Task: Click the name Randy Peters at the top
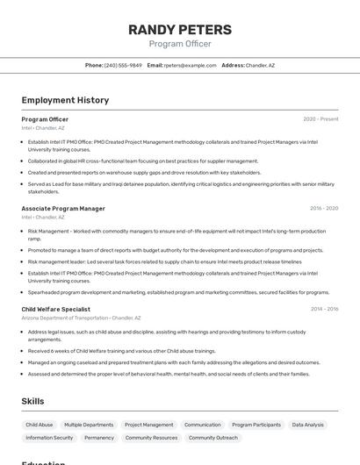180,29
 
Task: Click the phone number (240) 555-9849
123,65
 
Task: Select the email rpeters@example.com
190,65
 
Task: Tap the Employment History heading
65,100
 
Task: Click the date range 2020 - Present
320,119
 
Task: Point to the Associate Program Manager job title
63,209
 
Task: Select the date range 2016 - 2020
324,209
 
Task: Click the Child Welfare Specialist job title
56,309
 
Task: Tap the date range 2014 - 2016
324,309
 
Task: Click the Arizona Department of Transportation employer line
81,318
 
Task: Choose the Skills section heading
33,401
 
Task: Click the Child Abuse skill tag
40,425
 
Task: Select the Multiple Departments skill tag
89,425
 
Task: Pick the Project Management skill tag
148,425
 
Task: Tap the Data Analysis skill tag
307,425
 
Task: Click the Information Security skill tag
50,438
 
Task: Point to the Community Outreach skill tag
213,438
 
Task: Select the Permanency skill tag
99,438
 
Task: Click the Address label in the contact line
233,65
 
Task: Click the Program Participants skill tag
256,425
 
